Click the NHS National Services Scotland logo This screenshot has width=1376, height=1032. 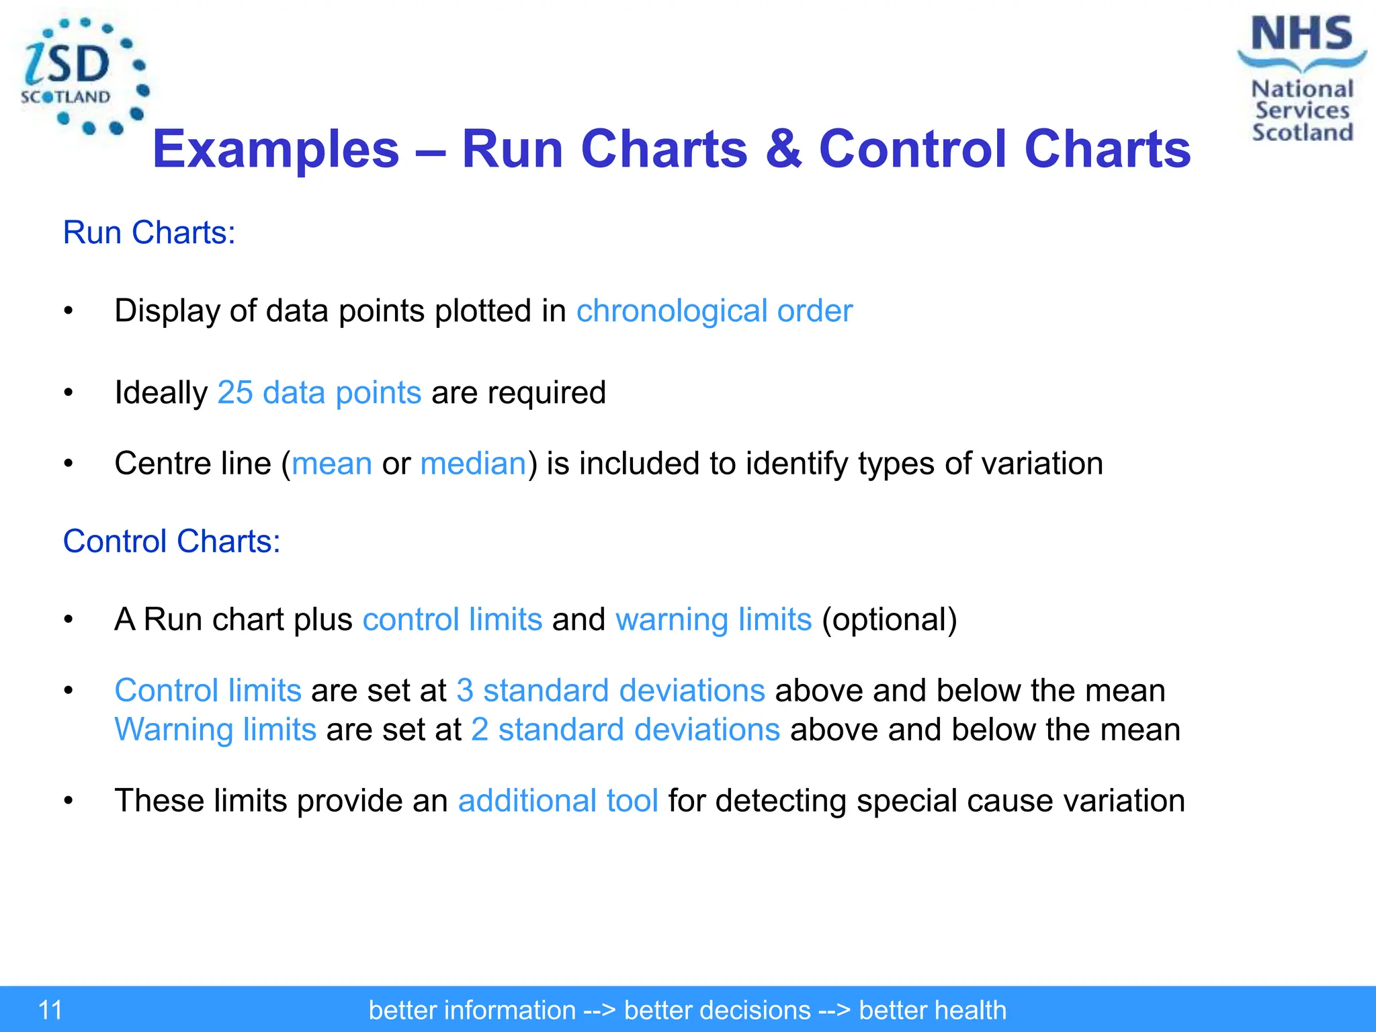click(1301, 79)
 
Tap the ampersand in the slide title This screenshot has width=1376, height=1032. click(783, 148)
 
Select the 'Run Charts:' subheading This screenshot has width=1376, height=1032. click(149, 232)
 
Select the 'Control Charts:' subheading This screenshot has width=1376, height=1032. click(171, 541)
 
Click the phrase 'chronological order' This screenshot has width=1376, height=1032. click(714, 311)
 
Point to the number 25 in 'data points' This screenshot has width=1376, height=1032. click(235, 392)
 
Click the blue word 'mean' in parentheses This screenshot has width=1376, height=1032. click(332, 464)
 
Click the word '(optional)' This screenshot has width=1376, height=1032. click(889, 619)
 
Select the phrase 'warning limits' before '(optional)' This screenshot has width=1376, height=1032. click(714, 619)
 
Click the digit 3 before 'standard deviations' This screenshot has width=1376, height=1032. click(465, 691)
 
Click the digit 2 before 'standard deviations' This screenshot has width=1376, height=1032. click(480, 730)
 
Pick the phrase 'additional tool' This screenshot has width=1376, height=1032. click(558, 801)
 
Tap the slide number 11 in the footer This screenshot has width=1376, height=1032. click(50, 1010)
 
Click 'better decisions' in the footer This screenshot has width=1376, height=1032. click(717, 1010)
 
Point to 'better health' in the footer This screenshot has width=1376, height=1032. click(933, 1010)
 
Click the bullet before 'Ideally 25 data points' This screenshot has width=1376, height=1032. click(68, 393)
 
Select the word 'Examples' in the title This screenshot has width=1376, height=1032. click(276, 148)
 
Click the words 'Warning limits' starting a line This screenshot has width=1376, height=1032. click(215, 730)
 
